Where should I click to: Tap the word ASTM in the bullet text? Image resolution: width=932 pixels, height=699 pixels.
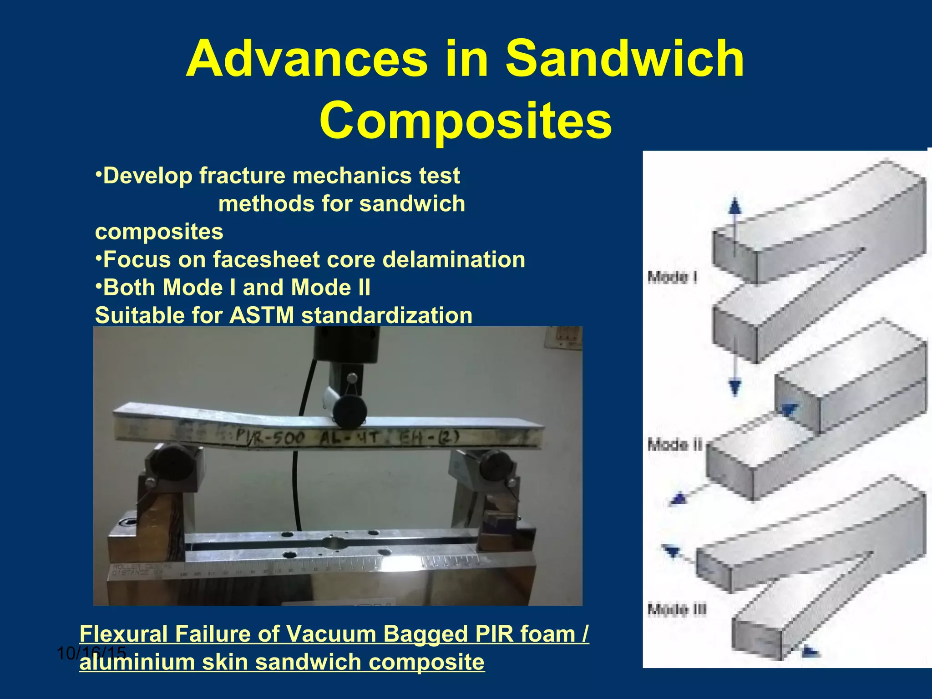pyautogui.click(x=262, y=315)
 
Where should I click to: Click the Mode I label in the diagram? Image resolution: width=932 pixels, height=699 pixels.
pyautogui.click(x=673, y=277)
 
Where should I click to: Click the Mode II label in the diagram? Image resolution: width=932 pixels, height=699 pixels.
pyautogui.click(x=675, y=444)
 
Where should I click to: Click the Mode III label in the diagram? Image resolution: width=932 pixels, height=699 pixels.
pyautogui.click(x=677, y=609)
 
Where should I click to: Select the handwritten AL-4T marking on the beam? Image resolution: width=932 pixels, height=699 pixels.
pyautogui.click(x=348, y=438)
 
